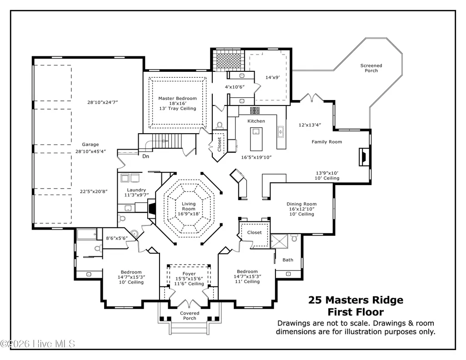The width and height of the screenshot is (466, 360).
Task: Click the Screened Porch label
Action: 371,68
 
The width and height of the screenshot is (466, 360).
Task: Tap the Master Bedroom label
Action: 177,98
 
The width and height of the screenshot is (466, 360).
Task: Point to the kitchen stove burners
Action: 255,110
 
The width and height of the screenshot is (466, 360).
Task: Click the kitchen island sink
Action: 256,131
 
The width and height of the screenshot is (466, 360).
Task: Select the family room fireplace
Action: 364,157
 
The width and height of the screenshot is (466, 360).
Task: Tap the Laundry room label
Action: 136,190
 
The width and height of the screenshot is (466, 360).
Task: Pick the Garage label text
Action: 90,145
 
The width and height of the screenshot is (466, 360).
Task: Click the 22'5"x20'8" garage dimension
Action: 94,191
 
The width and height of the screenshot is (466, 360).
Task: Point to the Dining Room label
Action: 302,204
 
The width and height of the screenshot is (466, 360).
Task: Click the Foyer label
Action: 189,274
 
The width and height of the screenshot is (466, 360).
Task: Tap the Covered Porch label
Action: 190,315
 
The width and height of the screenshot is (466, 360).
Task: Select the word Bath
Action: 288,260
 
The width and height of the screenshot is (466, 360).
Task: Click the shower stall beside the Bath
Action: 279,241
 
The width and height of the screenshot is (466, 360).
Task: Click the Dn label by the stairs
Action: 145,156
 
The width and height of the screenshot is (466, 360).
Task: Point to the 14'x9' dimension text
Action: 272,78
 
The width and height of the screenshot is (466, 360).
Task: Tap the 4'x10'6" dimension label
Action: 235,87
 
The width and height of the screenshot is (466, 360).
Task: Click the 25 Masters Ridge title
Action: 356,300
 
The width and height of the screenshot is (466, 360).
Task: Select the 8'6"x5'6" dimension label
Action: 117,238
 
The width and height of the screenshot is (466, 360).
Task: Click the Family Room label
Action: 326,142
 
